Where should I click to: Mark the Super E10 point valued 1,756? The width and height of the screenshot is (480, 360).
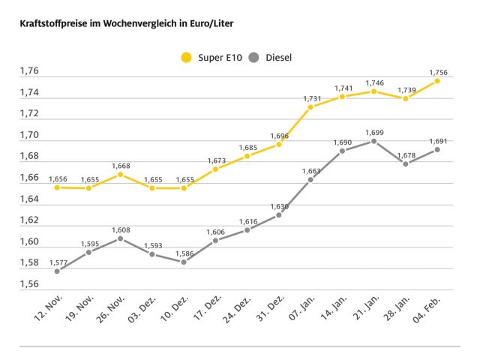437,80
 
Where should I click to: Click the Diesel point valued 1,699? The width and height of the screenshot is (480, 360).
373,141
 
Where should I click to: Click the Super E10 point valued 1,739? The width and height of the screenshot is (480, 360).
406,98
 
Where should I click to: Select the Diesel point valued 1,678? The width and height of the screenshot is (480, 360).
406,163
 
